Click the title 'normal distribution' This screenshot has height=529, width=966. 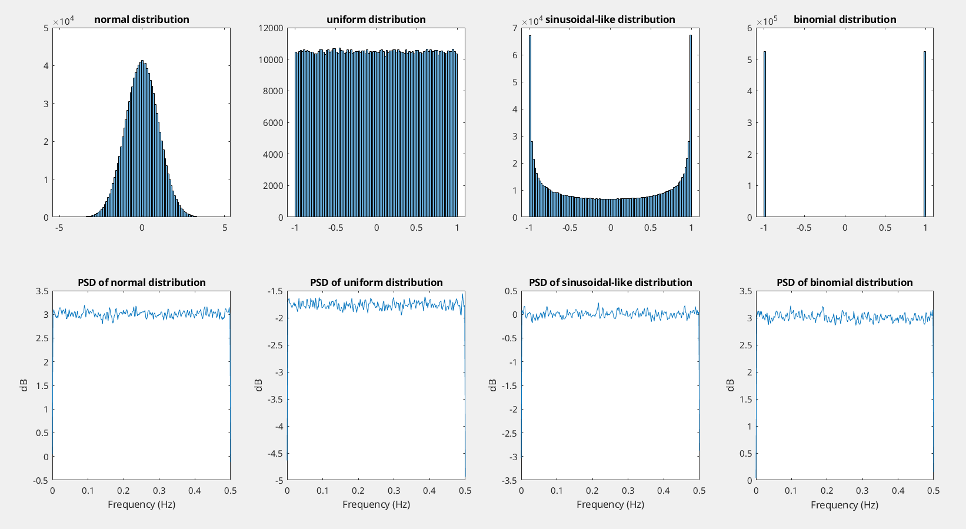click(x=141, y=19)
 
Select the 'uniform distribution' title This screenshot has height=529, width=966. click(x=376, y=19)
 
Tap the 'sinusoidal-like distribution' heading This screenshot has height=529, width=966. click(x=610, y=19)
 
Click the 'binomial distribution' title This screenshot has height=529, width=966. click(x=845, y=19)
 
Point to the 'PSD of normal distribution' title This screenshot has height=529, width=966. click(x=141, y=282)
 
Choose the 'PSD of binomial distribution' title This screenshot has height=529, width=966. click(x=845, y=282)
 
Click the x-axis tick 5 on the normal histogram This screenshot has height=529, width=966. click(x=225, y=228)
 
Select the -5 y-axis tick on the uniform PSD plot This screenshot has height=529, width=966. click(x=277, y=480)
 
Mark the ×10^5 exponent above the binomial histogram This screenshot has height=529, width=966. click(x=767, y=21)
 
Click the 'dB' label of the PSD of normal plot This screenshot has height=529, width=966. click(x=24, y=385)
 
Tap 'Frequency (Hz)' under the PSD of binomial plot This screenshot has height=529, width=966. click(x=844, y=505)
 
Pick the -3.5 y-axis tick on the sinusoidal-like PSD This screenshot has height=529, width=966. click(x=509, y=480)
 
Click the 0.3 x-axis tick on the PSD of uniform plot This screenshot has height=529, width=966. click(x=394, y=491)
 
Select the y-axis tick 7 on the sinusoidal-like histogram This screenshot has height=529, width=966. click(x=515, y=28)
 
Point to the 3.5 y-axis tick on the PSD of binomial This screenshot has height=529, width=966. click(x=745, y=291)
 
